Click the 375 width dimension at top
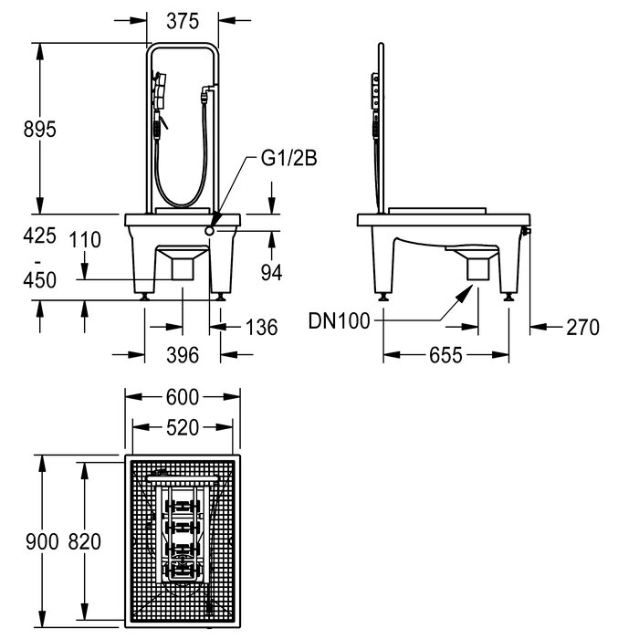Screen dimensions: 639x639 183,21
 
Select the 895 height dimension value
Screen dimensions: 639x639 39,130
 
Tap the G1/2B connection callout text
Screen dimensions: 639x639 288,158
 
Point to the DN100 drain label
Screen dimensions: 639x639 339,320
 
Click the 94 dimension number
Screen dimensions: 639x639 271,272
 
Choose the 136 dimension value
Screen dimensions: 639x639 262,327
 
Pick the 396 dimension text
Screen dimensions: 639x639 183,355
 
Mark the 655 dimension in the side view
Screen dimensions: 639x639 445,355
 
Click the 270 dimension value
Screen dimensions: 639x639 582,327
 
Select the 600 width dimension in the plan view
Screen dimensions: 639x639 183,397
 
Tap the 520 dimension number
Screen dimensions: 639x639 183,427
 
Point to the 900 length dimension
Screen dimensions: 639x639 42,541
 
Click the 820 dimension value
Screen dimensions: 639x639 84,541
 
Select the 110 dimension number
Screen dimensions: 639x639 85,239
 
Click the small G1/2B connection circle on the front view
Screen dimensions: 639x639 209,231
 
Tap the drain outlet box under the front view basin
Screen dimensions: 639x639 183,269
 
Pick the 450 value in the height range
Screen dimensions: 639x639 39,280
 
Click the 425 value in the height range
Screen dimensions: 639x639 39,236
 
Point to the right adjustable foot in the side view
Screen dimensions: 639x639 508,297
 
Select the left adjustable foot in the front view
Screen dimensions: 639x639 144,297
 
